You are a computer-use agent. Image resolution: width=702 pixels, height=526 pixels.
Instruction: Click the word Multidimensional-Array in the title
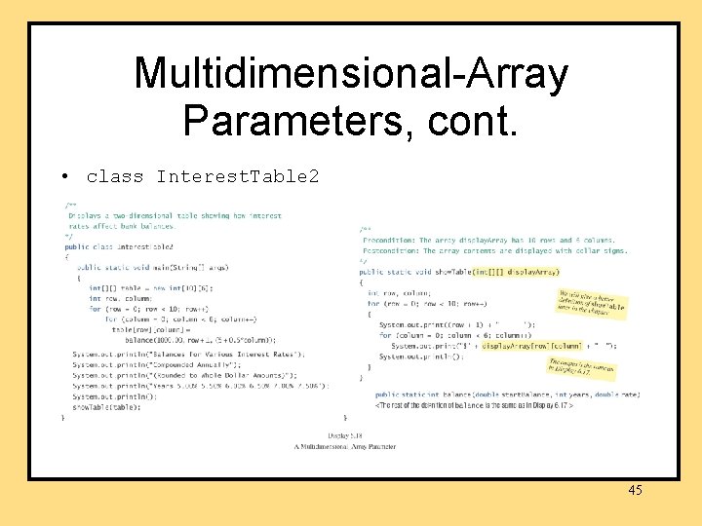(351, 73)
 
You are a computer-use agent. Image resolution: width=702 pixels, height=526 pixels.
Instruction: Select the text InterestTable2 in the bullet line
(237, 176)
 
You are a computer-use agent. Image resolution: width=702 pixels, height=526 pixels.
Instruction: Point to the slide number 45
(635, 490)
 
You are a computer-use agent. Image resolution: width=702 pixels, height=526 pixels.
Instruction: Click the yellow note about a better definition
(591, 303)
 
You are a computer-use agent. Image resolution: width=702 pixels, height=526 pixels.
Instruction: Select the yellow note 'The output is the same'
(582, 367)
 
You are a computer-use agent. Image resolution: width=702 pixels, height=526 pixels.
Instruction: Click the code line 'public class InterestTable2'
(118, 246)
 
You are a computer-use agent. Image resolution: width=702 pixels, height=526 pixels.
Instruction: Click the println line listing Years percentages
(200, 386)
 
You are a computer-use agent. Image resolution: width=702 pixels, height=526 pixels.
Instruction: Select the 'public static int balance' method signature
(507, 394)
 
